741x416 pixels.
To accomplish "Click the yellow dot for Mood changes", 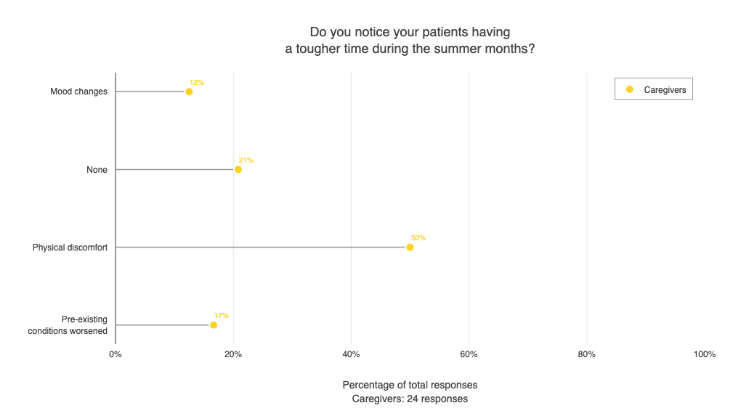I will (189, 91).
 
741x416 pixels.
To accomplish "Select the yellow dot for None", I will (238, 169).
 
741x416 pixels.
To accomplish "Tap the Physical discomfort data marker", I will (410, 247).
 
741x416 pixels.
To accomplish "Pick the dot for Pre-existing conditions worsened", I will (214, 325).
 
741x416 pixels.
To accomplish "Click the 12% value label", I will (196, 83).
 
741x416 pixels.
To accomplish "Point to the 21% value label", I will (246, 160).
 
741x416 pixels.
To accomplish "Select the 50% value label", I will (418, 238).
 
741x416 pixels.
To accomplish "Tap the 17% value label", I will (221, 316).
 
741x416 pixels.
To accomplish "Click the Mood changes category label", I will (78, 91).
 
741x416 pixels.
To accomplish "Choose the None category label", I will (97, 170).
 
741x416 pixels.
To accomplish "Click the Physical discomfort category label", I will (70, 248).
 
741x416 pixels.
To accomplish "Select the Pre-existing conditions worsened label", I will (68, 325).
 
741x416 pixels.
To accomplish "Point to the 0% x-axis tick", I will (116, 354).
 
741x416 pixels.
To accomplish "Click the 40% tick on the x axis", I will (351, 354).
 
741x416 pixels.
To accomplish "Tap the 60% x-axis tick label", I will (469, 354).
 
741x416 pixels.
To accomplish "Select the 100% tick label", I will (704, 354).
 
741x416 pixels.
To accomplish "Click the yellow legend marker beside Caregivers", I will (630, 89).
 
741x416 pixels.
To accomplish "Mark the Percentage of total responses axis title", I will (410, 385).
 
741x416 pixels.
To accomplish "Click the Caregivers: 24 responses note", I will (410, 399).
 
